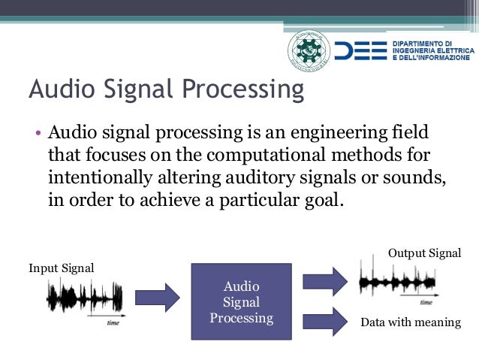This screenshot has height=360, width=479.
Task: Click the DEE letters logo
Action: (x=363, y=50)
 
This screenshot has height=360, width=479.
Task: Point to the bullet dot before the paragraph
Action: (x=37, y=135)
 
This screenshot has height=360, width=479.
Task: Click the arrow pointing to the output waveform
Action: (x=324, y=281)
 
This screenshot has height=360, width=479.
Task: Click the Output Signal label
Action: (x=424, y=253)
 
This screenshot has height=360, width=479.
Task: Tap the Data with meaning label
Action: (x=411, y=322)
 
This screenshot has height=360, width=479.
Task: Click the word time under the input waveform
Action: (x=113, y=322)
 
